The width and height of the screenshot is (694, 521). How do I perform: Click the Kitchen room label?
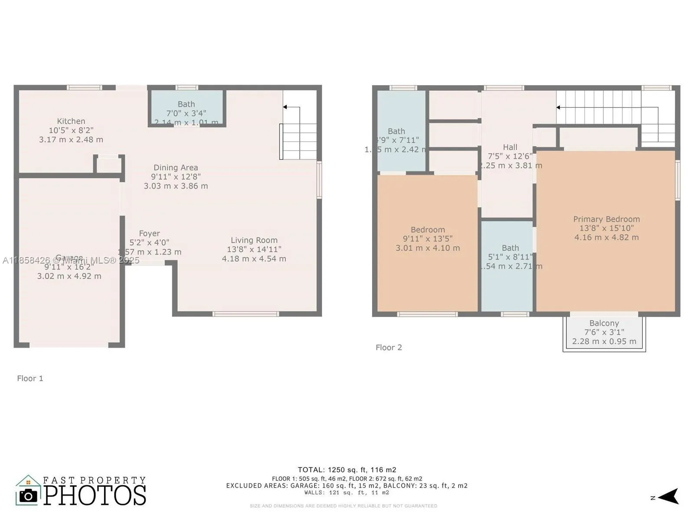coord(71,121)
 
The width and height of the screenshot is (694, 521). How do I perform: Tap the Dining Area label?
coord(176,168)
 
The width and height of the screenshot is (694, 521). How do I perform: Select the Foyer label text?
coord(149,234)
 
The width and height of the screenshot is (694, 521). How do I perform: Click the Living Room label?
coord(254,240)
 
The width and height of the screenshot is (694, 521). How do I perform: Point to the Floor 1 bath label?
coord(186,104)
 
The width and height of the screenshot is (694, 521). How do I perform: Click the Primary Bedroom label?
coord(606,219)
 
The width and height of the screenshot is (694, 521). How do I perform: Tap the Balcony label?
coord(604,323)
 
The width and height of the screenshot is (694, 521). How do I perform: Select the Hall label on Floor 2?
coord(510,147)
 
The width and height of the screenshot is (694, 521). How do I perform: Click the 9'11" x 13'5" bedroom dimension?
coord(428,239)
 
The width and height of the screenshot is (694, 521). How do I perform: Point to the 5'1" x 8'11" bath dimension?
coord(510,257)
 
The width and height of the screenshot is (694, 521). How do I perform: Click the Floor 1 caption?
coord(30,379)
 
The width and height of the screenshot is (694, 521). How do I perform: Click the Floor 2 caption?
coord(389,347)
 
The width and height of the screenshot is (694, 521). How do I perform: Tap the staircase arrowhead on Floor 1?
coord(285,107)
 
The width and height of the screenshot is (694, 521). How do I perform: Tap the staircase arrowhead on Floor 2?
coord(559,107)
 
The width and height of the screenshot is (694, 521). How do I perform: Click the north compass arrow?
coord(670,496)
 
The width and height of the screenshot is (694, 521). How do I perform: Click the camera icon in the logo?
coord(29,496)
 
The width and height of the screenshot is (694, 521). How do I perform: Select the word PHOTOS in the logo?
coord(95,496)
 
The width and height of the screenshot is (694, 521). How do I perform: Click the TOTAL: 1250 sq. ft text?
coord(347,470)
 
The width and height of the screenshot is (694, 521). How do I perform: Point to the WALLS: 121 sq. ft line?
coord(347,493)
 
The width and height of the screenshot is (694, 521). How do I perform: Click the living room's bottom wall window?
coord(246,313)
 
